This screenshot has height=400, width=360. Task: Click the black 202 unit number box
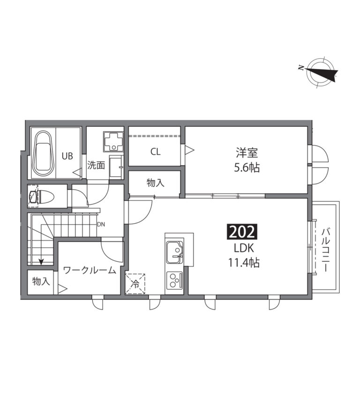point(242,232)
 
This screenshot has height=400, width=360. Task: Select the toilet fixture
point(42,196)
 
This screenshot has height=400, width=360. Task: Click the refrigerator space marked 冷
point(135,284)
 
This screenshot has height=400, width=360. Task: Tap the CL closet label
point(155,152)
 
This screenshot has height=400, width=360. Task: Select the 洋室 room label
point(247,152)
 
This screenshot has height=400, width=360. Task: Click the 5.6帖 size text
point(247,168)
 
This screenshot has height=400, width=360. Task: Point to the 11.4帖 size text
point(244,263)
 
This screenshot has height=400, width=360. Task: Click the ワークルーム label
point(89,270)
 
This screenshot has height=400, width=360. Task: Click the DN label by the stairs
point(101,225)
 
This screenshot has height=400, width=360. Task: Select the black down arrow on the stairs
point(41,261)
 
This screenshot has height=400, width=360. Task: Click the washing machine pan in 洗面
point(113,141)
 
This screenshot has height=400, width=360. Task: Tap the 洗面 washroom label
point(96,166)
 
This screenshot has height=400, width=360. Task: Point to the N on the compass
point(301,68)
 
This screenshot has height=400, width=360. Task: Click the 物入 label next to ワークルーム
point(41,281)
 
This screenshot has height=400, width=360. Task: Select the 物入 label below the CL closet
point(155,183)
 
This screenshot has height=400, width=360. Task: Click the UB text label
point(67,156)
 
